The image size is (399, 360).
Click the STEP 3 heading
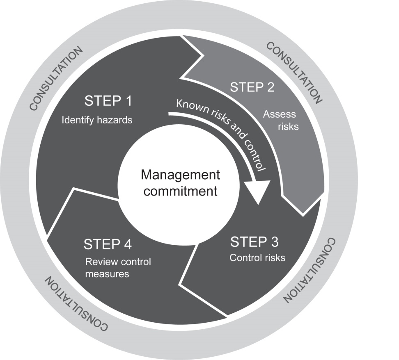point(254,242)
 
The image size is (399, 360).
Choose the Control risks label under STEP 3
point(257,258)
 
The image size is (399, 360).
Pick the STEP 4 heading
point(108,244)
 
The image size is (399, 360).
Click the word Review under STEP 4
point(99,262)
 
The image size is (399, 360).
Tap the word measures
point(107,273)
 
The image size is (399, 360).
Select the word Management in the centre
point(181,175)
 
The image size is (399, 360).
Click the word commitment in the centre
point(181,191)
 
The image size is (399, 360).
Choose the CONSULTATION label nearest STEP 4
point(77,304)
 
